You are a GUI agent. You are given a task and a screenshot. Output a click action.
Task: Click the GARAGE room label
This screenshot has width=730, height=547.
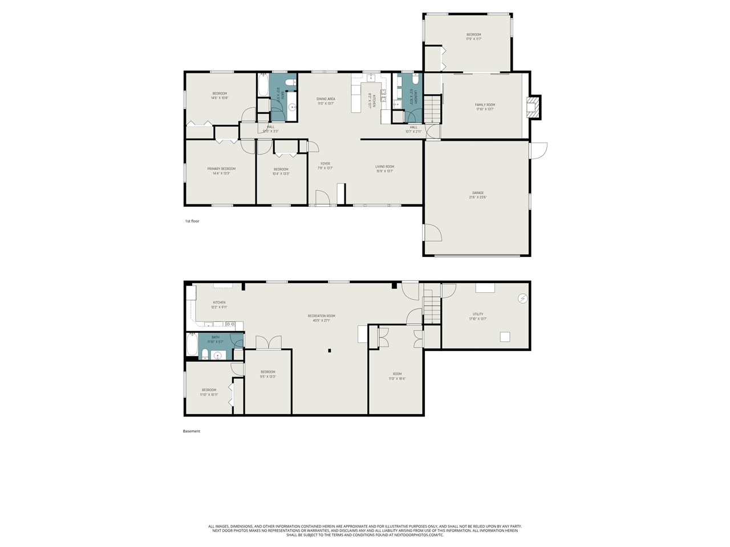coord(477,195)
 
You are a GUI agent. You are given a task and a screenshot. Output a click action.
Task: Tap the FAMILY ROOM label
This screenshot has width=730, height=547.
coord(485,107)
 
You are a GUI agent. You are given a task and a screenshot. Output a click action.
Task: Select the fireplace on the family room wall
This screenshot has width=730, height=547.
coord(533,107)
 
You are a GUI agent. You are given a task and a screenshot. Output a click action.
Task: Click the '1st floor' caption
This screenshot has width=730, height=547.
coord(192,221)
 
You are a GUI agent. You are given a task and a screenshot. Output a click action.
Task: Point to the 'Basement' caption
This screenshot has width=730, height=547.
coord(192,431)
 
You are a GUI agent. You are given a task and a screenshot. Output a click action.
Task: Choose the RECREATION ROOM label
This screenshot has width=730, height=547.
coord(321,318)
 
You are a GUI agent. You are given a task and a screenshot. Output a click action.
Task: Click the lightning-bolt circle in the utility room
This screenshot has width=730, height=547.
coord(522,299)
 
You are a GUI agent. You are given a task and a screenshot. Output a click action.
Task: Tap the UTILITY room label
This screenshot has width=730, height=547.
coord(478,316)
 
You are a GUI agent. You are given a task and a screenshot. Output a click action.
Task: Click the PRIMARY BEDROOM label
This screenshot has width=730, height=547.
coord(221,171)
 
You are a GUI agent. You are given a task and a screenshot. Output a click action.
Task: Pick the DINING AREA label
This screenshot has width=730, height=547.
coord(326,101)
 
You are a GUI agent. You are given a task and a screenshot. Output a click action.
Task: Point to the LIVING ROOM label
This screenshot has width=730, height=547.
coord(385,169)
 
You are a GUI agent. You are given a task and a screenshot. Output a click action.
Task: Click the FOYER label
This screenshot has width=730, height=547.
coord(325,166)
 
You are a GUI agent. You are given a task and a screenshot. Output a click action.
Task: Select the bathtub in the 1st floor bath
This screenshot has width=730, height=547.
coord(263,85)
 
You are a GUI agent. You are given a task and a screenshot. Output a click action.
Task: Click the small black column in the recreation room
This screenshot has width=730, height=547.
coord(330,351)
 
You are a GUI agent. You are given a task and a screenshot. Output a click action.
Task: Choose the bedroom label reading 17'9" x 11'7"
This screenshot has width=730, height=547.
coord(473,36)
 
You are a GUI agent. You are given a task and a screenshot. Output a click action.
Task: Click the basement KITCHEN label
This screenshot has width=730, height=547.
coord(219,305)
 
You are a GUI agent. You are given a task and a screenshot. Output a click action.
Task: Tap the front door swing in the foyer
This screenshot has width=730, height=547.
coord(323,197)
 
